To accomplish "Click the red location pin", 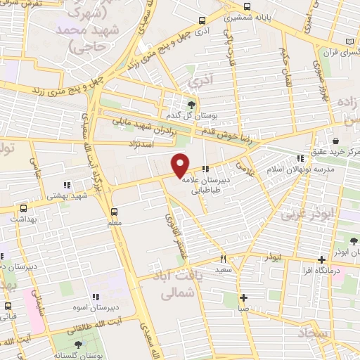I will point(181,165).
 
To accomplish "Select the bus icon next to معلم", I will point(114,211).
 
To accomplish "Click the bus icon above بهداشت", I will point(23,208).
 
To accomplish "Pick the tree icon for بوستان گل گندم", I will point(191,103).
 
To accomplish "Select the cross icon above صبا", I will point(243,297).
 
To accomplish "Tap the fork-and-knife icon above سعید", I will point(224,258).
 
